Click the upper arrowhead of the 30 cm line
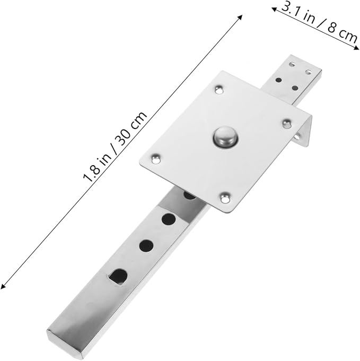(240, 17)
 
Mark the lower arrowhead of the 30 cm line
(3, 286)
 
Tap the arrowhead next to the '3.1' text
(274, 9)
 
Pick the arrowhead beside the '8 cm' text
(356, 48)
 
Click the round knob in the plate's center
(225, 137)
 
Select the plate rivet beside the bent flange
(287, 124)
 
